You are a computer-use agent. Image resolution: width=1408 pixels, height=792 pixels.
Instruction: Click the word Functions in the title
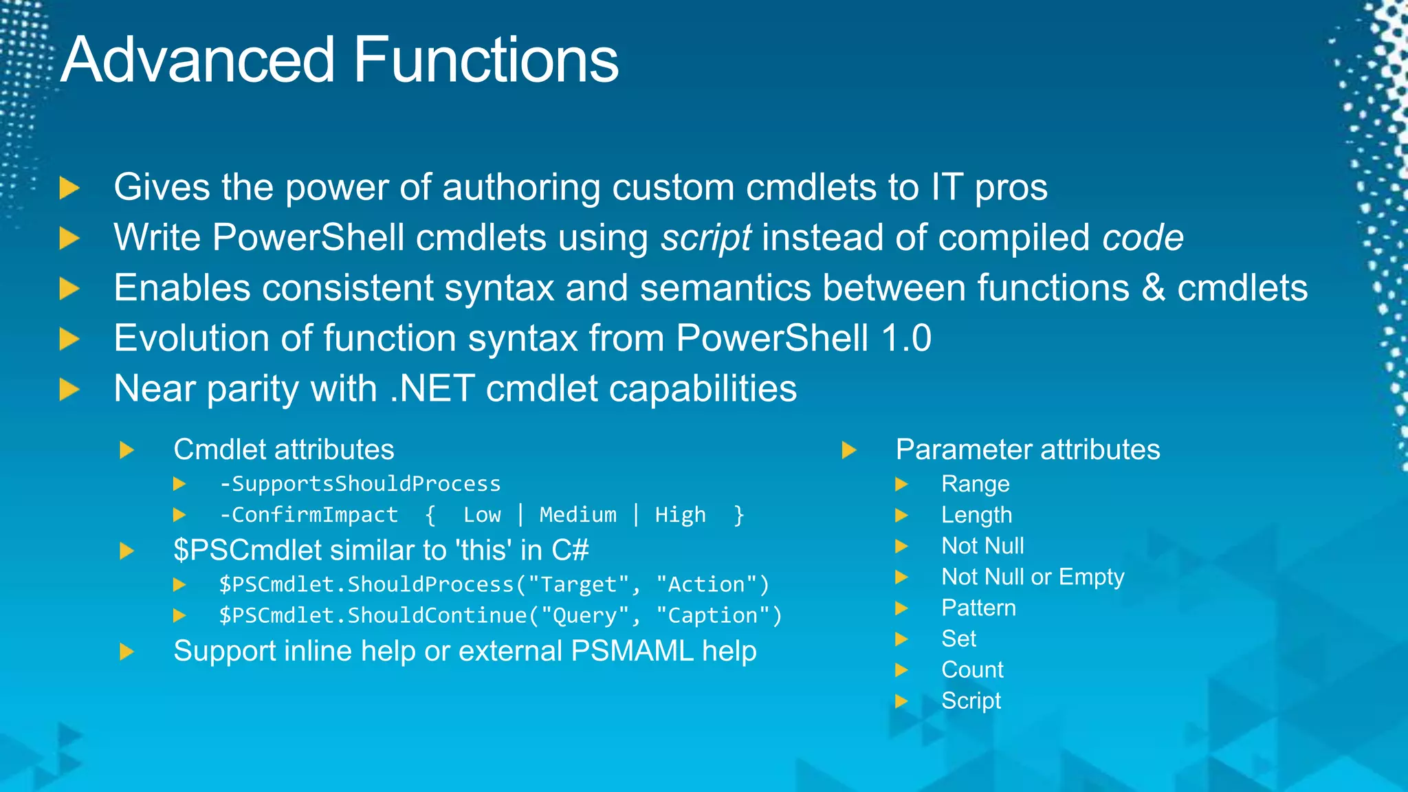coord(486,60)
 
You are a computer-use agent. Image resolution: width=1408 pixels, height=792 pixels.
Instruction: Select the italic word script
coord(706,238)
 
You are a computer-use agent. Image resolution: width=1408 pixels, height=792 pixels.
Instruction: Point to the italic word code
coord(1143,238)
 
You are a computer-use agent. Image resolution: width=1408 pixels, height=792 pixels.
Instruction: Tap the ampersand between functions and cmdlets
coord(1153,288)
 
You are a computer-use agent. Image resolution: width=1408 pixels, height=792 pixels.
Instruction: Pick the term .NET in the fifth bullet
coord(432,388)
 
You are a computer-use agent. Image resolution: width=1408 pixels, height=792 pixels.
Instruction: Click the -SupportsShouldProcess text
coord(360,484)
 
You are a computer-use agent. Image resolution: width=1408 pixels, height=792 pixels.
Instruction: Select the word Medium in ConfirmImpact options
coord(577,515)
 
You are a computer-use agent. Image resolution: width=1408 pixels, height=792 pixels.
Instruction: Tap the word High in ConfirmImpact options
coord(680,515)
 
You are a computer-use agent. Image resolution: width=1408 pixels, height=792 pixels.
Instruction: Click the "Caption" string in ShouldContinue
coord(718,615)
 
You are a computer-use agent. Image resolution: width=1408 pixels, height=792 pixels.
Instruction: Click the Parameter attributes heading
coord(1027,450)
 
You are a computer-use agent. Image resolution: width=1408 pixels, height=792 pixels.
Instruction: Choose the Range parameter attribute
coord(975,484)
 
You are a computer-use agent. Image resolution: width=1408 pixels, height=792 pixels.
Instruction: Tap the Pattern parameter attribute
coord(978,608)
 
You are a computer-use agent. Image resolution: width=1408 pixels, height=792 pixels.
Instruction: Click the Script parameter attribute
coord(970,701)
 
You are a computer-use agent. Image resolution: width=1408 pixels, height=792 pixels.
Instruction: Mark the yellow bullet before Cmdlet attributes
coord(126,450)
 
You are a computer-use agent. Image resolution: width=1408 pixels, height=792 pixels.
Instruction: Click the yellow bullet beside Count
coord(901,670)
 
